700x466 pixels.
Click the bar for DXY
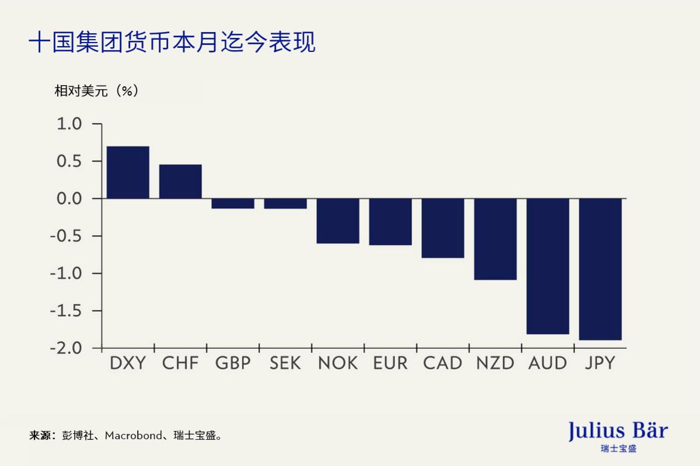tap(128, 173)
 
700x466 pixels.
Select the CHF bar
tap(180, 182)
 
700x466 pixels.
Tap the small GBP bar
tap(233, 204)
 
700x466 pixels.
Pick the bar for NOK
tap(338, 221)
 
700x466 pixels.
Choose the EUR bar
tap(390, 222)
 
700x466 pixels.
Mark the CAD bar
tap(443, 228)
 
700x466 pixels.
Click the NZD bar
tap(495, 239)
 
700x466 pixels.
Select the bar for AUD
tap(548, 267)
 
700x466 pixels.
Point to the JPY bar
tap(600, 269)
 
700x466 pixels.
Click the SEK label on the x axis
tap(285, 363)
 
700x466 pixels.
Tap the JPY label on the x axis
tap(600, 363)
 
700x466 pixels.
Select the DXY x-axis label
tap(128, 363)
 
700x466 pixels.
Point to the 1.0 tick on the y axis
tap(69, 124)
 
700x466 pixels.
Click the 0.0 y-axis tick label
tap(69, 199)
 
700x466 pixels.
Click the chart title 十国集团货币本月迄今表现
tap(172, 43)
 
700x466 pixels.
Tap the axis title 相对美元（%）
tap(97, 91)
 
